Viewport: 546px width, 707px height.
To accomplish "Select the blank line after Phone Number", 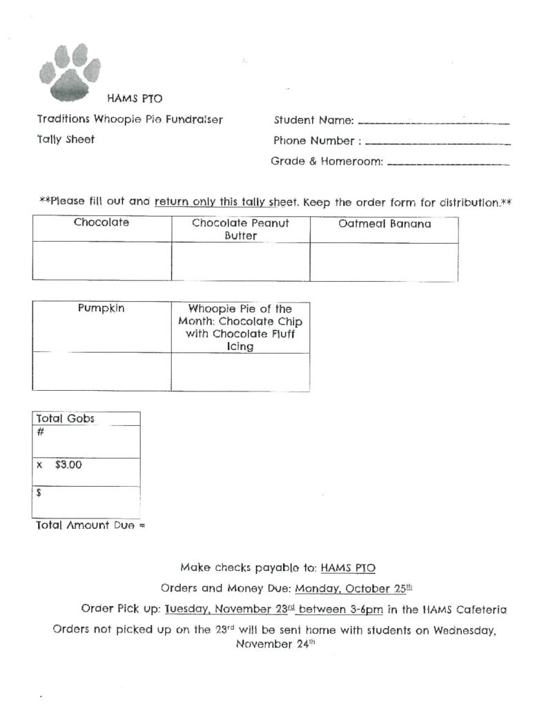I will [437, 144].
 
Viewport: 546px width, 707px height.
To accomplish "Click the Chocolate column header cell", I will [101, 229].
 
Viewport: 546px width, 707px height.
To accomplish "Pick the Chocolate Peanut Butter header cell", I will [240, 229].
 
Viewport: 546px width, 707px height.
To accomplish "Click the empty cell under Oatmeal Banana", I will [384, 262].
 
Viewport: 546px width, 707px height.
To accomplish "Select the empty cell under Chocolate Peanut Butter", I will [240, 262].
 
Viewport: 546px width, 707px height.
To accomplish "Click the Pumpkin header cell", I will [101, 327].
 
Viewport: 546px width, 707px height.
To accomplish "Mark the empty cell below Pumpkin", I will [101, 371].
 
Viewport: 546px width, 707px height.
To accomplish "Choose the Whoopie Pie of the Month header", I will [240, 327].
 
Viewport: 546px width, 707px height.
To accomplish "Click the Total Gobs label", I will [67, 418].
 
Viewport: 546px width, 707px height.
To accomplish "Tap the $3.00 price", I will [68, 465].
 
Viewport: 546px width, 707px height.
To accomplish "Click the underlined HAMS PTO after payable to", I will [348, 568].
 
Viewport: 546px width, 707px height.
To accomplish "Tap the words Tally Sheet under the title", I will [66, 139].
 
